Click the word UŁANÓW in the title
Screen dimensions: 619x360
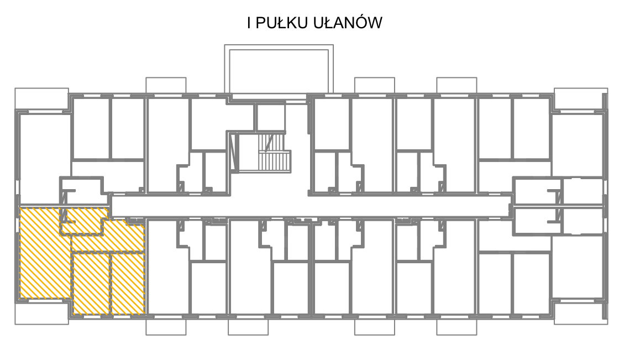[348, 22]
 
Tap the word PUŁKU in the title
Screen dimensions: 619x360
[281, 23]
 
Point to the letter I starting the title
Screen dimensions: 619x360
[249, 23]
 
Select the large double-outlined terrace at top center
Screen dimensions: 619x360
[279, 69]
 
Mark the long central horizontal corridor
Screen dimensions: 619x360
[310, 206]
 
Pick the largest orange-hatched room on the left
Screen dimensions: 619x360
[45, 253]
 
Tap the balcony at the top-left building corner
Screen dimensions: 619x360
[42, 98]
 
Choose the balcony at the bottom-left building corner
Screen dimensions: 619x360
[42, 314]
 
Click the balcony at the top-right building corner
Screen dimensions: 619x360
[581, 98]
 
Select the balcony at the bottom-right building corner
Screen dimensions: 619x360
[581, 314]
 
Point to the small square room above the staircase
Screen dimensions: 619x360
[270, 117]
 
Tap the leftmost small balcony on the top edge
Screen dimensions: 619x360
[166, 85]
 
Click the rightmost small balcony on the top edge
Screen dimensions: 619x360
[457, 85]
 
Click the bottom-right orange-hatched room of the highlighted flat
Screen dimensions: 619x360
[128, 284]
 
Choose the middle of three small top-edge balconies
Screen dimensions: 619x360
[375, 85]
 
